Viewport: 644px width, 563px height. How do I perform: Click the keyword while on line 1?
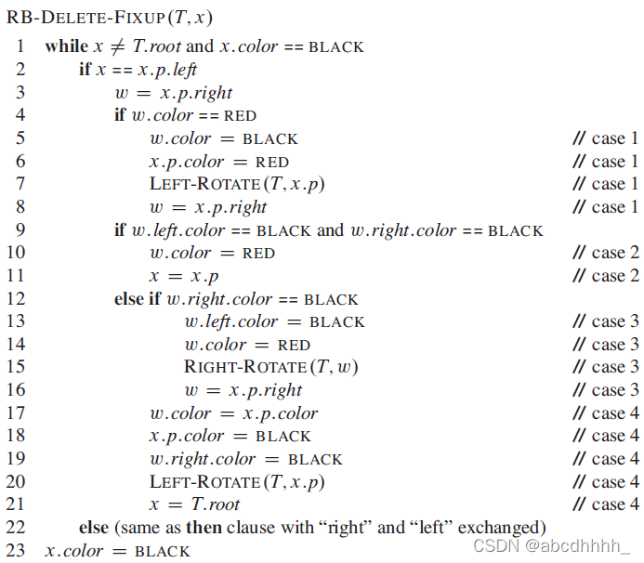click(64, 46)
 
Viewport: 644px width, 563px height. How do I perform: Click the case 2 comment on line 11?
click(605, 276)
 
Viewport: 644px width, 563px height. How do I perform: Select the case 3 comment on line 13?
click(605, 321)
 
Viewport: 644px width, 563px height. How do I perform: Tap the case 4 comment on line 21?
click(605, 504)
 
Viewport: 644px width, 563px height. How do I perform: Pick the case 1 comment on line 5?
click(605, 138)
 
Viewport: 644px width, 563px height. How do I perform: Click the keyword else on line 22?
click(94, 528)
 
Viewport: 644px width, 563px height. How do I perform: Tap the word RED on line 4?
click(241, 116)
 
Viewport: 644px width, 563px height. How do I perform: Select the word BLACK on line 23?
click(163, 552)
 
